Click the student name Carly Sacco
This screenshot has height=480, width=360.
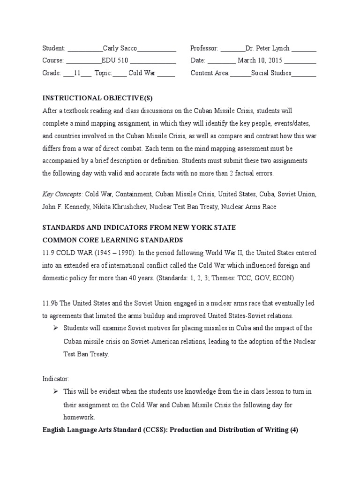click(120, 48)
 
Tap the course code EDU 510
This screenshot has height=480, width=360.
click(115, 60)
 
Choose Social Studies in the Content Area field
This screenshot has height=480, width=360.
click(271, 73)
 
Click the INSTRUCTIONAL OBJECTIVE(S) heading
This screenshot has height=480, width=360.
click(97, 98)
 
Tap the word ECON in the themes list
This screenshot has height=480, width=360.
click(280, 277)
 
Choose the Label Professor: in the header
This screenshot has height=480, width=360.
click(204, 48)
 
